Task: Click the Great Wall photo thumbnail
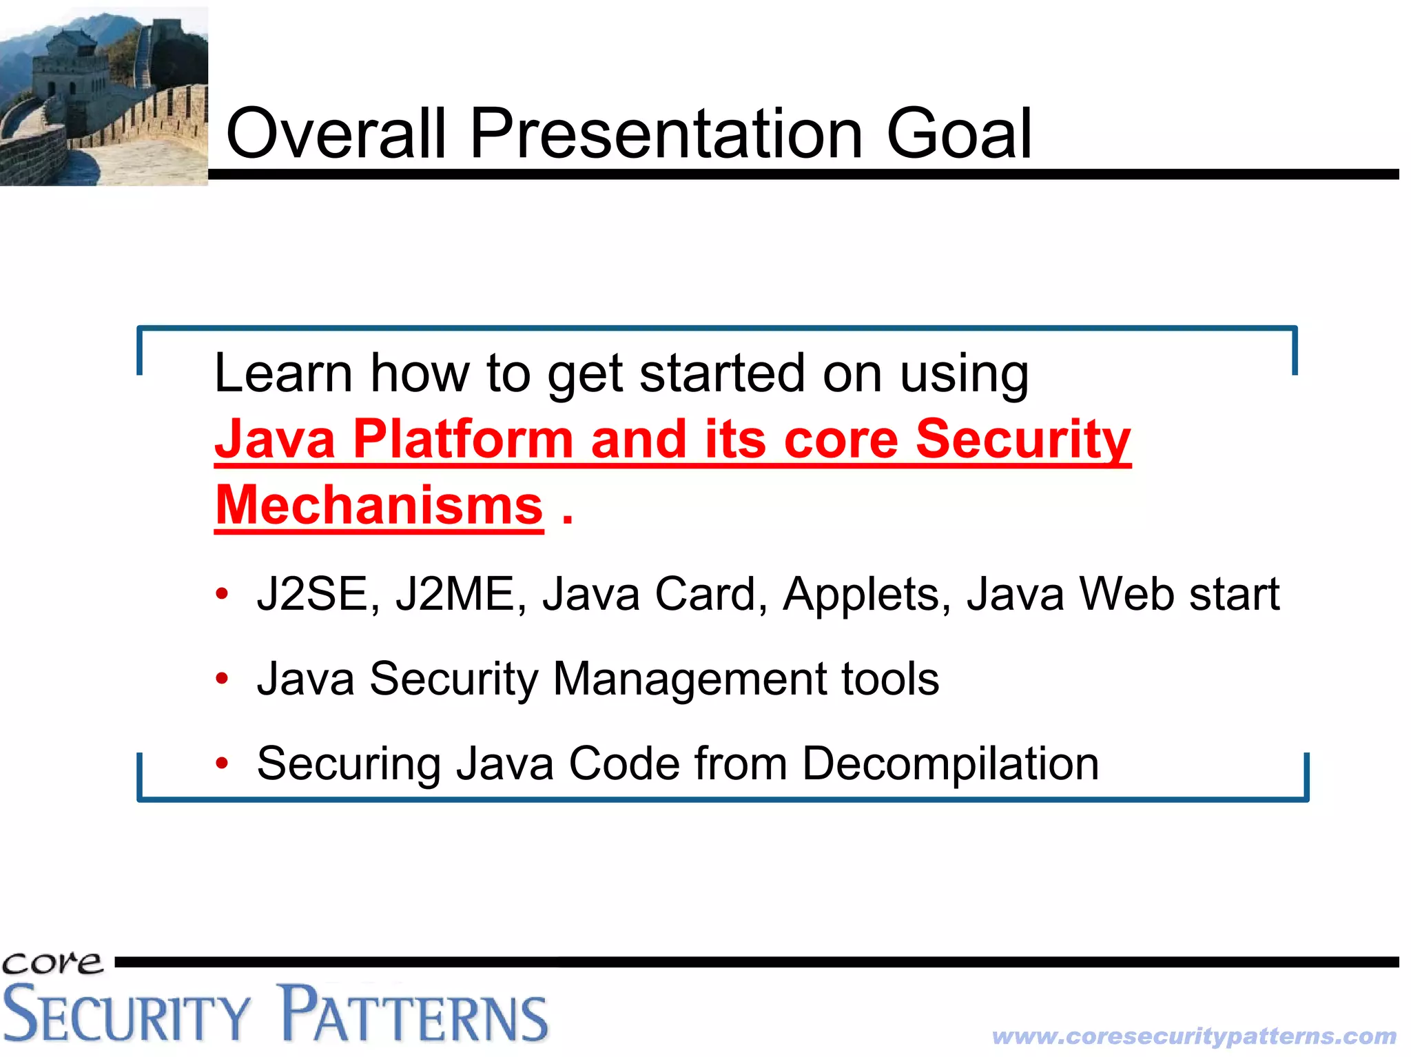click(x=103, y=96)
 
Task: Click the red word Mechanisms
click(x=379, y=505)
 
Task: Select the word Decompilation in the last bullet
click(x=950, y=763)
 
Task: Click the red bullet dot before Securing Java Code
click(x=221, y=763)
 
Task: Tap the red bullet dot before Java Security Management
click(x=221, y=678)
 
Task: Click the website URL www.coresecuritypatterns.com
click(x=1194, y=1036)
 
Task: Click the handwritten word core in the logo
click(x=52, y=963)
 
